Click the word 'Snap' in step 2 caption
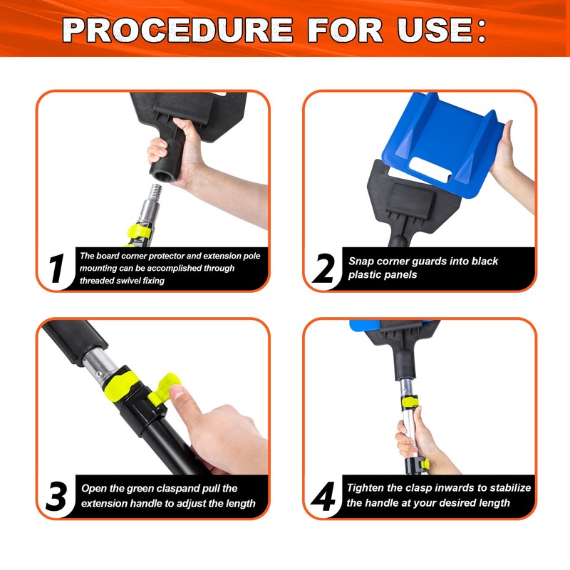(x=362, y=261)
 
